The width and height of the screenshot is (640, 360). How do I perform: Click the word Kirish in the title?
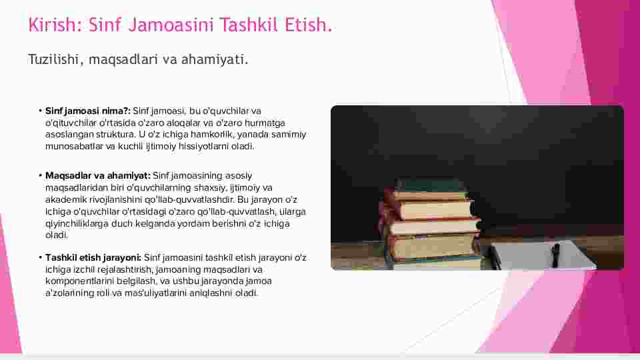[x=52, y=25]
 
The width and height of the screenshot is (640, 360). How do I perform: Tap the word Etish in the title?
[x=305, y=25]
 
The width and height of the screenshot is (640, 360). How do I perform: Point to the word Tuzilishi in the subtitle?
[x=53, y=59]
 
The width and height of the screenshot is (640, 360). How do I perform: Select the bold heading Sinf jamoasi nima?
[x=88, y=111]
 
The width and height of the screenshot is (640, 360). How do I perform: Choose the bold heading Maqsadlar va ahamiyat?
[x=98, y=176]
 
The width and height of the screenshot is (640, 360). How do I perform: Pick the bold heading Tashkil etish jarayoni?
[x=93, y=257]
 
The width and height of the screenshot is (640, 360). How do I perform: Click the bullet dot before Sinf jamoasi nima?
[x=41, y=111]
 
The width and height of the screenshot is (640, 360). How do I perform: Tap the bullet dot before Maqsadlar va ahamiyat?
[x=41, y=175]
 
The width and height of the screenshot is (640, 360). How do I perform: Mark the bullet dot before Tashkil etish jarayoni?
[x=41, y=257]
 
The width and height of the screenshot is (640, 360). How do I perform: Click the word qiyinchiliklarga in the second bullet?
[x=77, y=224]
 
